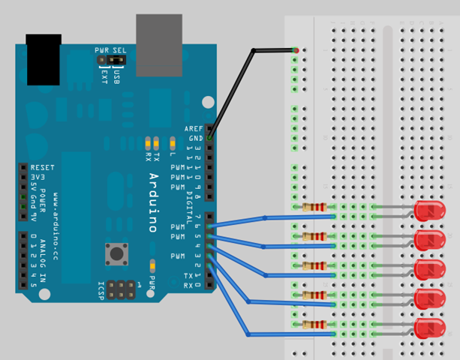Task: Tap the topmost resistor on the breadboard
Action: coord(313,207)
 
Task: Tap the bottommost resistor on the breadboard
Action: coord(313,324)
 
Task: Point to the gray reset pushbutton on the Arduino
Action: coord(116,253)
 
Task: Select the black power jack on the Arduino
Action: coord(43,58)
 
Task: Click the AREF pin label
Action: coord(194,128)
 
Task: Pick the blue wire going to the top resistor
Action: coord(270,217)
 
